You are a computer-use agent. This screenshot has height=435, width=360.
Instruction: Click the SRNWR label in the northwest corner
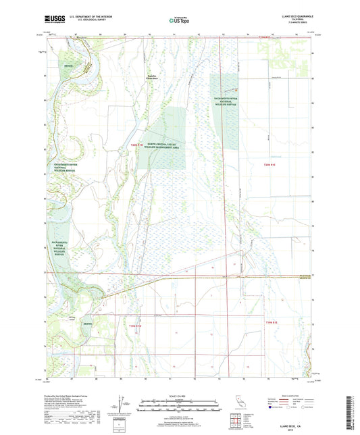pyautogui.click(x=68, y=66)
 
